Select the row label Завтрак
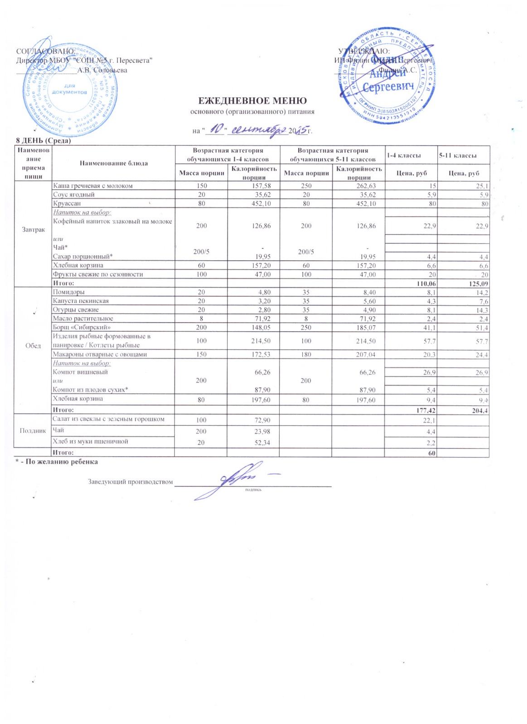pos(33,230)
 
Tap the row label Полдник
pos(33,430)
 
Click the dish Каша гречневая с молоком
pos(93,186)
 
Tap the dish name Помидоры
pos(69,292)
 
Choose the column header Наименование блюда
pos(114,163)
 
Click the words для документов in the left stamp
pos(69,89)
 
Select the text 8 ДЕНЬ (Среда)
pos(44,141)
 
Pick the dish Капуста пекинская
pos(81,301)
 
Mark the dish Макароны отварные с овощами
pos(100,354)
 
